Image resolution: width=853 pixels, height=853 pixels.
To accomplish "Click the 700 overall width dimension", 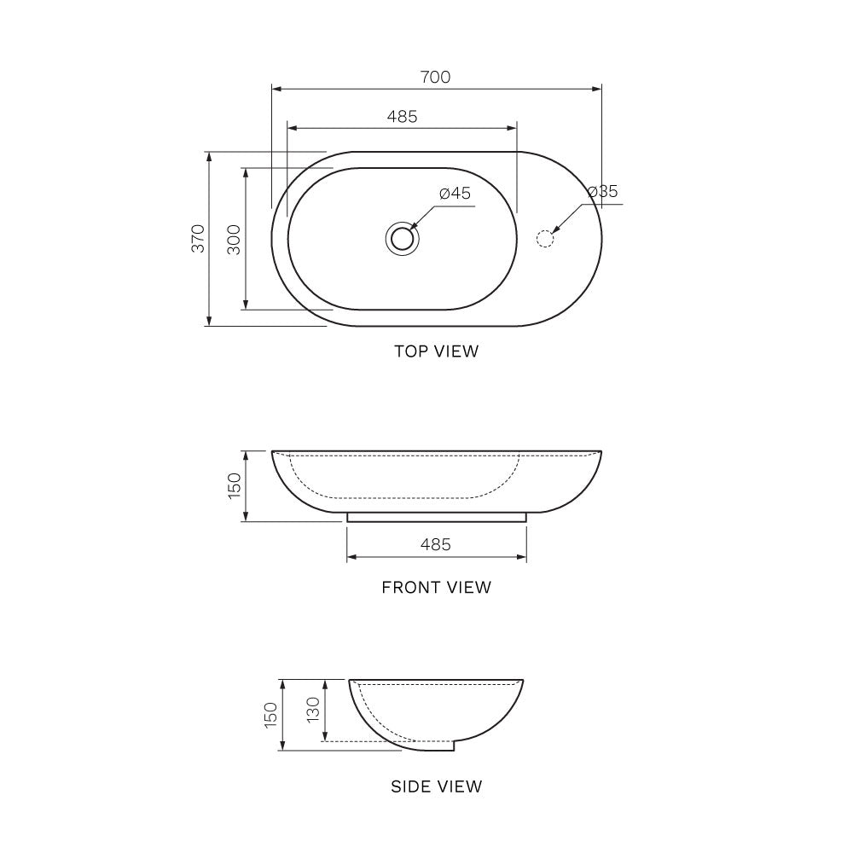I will tap(435, 77).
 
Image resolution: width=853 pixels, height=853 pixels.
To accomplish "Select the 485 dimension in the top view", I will tap(402, 117).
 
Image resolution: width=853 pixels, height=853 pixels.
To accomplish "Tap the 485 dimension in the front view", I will tap(435, 544).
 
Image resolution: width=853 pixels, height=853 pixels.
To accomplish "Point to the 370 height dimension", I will tap(198, 239).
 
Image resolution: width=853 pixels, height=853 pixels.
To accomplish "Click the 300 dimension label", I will tap(234, 239).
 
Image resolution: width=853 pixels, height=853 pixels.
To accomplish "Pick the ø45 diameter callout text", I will tap(455, 193).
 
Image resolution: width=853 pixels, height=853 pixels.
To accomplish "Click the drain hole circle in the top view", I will tap(402, 237).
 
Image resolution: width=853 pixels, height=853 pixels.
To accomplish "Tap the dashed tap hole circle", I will tap(544, 237).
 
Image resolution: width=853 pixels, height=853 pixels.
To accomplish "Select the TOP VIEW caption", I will tap(436, 351).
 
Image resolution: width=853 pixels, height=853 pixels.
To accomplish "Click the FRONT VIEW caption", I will tap(436, 587).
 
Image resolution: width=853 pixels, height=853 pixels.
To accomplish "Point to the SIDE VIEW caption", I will tap(436, 786).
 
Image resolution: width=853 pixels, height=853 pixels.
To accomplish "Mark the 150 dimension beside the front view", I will tap(235, 486).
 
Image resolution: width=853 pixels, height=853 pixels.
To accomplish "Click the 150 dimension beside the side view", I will tap(271, 715).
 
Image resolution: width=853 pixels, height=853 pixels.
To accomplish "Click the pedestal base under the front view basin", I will tap(436, 517).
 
